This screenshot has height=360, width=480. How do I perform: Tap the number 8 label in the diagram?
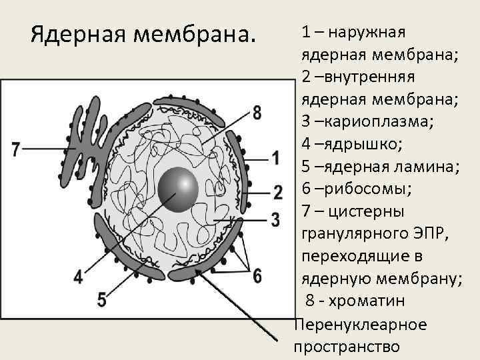click(x=257, y=112)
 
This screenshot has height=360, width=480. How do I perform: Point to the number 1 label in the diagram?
click(x=275, y=158)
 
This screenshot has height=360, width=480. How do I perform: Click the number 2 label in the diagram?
click(x=277, y=193)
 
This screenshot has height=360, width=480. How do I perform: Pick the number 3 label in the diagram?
click(x=275, y=219)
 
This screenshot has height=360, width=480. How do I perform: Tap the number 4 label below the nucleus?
click(x=79, y=275)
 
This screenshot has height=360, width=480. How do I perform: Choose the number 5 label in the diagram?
click(x=101, y=299)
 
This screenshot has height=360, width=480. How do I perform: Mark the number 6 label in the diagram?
click(x=257, y=275)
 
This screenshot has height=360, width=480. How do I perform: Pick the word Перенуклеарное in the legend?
click(x=359, y=325)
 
